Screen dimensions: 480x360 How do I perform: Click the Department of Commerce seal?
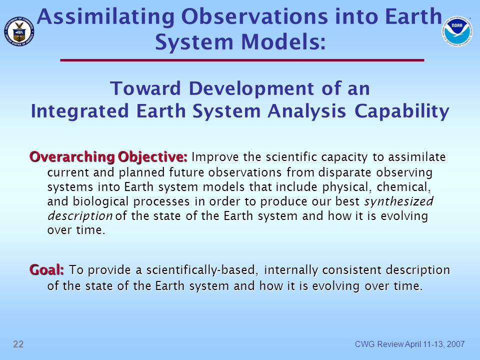[x=19, y=31]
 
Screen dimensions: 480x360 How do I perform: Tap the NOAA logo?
[x=456, y=31]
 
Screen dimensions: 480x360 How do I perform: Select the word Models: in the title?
[x=283, y=41]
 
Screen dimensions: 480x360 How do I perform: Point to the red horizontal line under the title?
[x=242, y=60]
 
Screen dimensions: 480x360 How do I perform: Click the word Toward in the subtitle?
[x=145, y=88]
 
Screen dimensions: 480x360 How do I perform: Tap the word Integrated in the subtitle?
[x=79, y=111]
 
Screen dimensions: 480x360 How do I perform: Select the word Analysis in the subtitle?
[x=306, y=111]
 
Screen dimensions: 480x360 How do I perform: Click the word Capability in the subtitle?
[x=401, y=111]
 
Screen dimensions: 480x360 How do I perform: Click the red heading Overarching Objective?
[x=108, y=157]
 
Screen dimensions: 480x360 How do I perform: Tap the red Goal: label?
[x=47, y=269]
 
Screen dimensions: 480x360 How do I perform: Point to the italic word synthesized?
[x=398, y=202]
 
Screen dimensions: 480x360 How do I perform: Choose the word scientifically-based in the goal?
[x=200, y=270]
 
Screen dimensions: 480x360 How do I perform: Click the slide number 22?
[x=18, y=344]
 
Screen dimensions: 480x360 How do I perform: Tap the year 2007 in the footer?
[x=455, y=344]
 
